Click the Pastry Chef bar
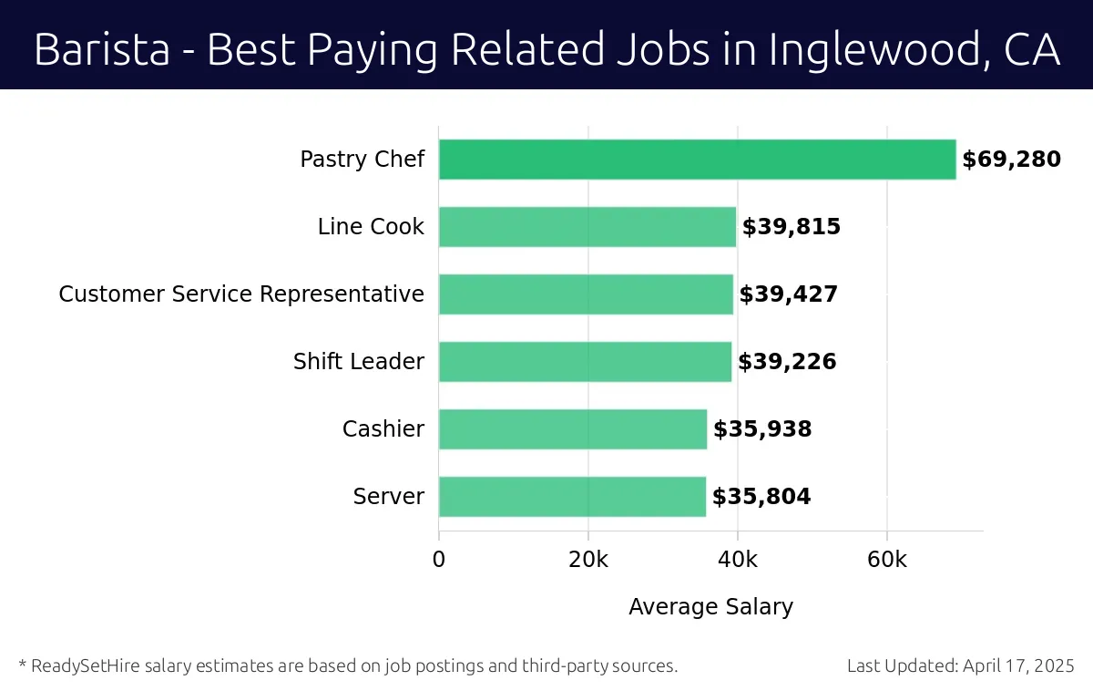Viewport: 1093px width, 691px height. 697,160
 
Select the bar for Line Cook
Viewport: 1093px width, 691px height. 587,227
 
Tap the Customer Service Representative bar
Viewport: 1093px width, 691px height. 586,294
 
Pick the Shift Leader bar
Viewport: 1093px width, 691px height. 585,362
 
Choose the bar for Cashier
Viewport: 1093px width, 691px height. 573,429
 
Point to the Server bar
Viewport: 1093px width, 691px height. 572,497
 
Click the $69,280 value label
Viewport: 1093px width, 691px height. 1011,160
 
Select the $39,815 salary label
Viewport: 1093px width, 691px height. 791,227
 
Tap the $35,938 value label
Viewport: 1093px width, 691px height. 762,429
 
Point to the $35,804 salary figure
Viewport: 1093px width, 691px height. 761,497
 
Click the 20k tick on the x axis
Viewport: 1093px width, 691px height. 588,559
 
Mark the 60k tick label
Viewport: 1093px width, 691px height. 887,559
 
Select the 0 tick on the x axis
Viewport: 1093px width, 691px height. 439,559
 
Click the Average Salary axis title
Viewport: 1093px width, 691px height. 710,606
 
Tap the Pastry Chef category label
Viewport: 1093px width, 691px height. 362,160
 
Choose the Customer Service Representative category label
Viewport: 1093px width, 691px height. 241,294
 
